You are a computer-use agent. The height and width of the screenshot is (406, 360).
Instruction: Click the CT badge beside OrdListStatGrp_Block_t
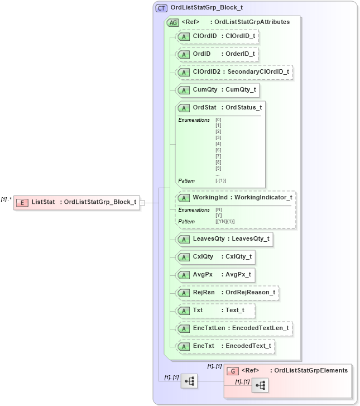coord(161,8)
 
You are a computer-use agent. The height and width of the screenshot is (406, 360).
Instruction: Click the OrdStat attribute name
coord(204,108)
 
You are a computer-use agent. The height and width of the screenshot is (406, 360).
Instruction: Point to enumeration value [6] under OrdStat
coord(218,150)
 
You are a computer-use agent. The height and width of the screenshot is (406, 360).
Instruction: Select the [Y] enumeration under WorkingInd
coord(218,215)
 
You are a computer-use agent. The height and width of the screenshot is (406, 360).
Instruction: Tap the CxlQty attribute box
coord(215,257)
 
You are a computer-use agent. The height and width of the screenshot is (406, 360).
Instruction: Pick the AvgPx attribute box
coord(215,275)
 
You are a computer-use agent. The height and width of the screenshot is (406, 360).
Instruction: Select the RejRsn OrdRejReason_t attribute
coord(227,293)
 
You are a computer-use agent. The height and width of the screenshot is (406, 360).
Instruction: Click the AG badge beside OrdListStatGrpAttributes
coord(173,22)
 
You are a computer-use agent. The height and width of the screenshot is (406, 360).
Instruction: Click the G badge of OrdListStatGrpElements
coord(234,370)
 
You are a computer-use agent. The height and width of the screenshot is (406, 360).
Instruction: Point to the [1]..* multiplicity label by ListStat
coord(6,199)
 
